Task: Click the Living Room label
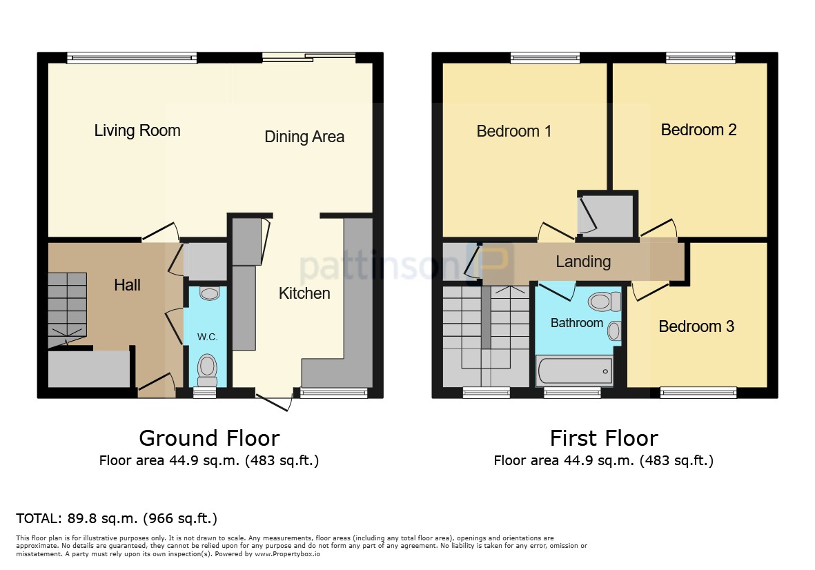(x=137, y=130)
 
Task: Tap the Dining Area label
(x=304, y=137)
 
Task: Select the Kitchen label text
(x=304, y=293)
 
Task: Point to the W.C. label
(x=208, y=337)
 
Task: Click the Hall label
(x=128, y=285)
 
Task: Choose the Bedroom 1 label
(x=514, y=131)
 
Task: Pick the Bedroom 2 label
(x=698, y=129)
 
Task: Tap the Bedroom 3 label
(x=696, y=326)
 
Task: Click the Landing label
(x=583, y=262)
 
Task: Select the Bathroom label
(x=577, y=323)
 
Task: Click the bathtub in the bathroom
(x=574, y=371)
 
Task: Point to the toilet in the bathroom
(x=605, y=301)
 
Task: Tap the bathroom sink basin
(x=614, y=331)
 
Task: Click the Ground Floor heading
(x=210, y=438)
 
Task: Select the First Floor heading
(x=604, y=438)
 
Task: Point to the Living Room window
(x=132, y=58)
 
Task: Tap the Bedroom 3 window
(x=698, y=393)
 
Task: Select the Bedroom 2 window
(x=700, y=58)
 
